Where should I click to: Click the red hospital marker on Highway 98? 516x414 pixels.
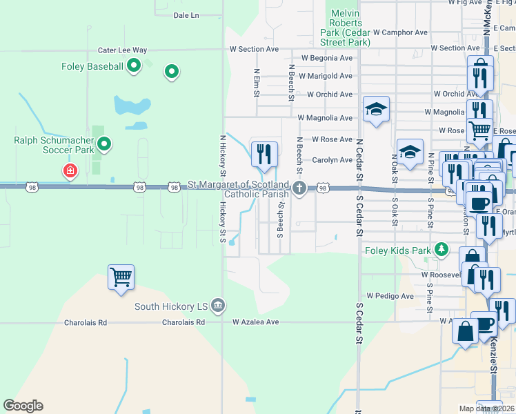coord(70,170)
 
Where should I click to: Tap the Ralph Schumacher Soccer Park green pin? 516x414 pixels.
coord(104,144)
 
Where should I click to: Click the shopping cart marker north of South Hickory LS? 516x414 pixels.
coord(121,277)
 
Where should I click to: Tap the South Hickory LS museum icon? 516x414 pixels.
coord(218,305)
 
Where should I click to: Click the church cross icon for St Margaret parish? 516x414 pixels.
coord(299,187)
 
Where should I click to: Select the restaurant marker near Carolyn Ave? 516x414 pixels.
coord(263,154)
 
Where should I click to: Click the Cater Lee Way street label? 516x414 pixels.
coord(123,50)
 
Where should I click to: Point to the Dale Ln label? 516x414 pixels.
coord(186,14)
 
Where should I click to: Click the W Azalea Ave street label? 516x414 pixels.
coord(255,322)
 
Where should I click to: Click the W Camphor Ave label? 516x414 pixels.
coord(400,32)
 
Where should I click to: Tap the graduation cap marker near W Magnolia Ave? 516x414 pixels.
coord(377,109)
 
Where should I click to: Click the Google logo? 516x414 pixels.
coord(23,406)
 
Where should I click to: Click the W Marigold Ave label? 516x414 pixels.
coord(325,76)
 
